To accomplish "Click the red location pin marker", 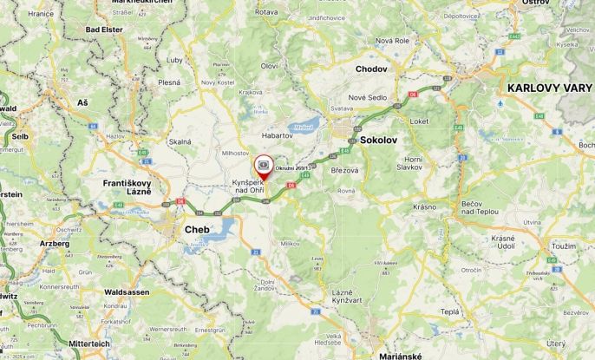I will point(262,166).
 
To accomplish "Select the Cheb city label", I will point(197,230).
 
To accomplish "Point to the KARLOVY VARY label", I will point(550,88).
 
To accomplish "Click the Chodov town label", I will point(371,69).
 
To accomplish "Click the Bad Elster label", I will point(104,29).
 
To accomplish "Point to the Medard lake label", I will point(303,127).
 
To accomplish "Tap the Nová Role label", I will point(392,41).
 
